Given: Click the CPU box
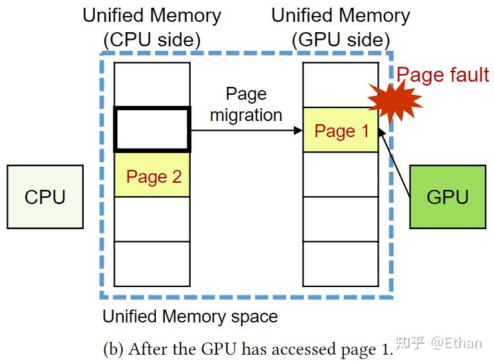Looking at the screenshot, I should pyautogui.click(x=45, y=197).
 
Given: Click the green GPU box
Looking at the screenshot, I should pyautogui.click(x=448, y=197).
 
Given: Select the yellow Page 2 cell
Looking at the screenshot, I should pyautogui.click(x=152, y=175).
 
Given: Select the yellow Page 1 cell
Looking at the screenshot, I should pyautogui.click(x=341, y=131).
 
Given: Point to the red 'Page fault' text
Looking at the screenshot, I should pyautogui.click(x=442, y=75).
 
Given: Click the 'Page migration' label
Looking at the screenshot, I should pyautogui.click(x=246, y=104).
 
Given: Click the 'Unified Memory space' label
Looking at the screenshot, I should pyautogui.click(x=190, y=317).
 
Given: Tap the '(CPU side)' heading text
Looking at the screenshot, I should pyautogui.click(x=152, y=40).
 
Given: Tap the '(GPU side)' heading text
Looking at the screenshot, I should pyautogui.click(x=341, y=40).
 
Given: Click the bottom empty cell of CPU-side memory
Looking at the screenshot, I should pyautogui.click(x=152, y=264).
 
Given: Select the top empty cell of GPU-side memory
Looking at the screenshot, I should pyautogui.click(x=341, y=85).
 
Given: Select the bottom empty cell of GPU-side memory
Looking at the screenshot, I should pyautogui.click(x=341, y=264).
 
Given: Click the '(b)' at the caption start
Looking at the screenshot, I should pyautogui.click(x=113, y=349).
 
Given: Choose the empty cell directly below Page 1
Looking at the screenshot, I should pyautogui.click(x=341, y=174).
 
